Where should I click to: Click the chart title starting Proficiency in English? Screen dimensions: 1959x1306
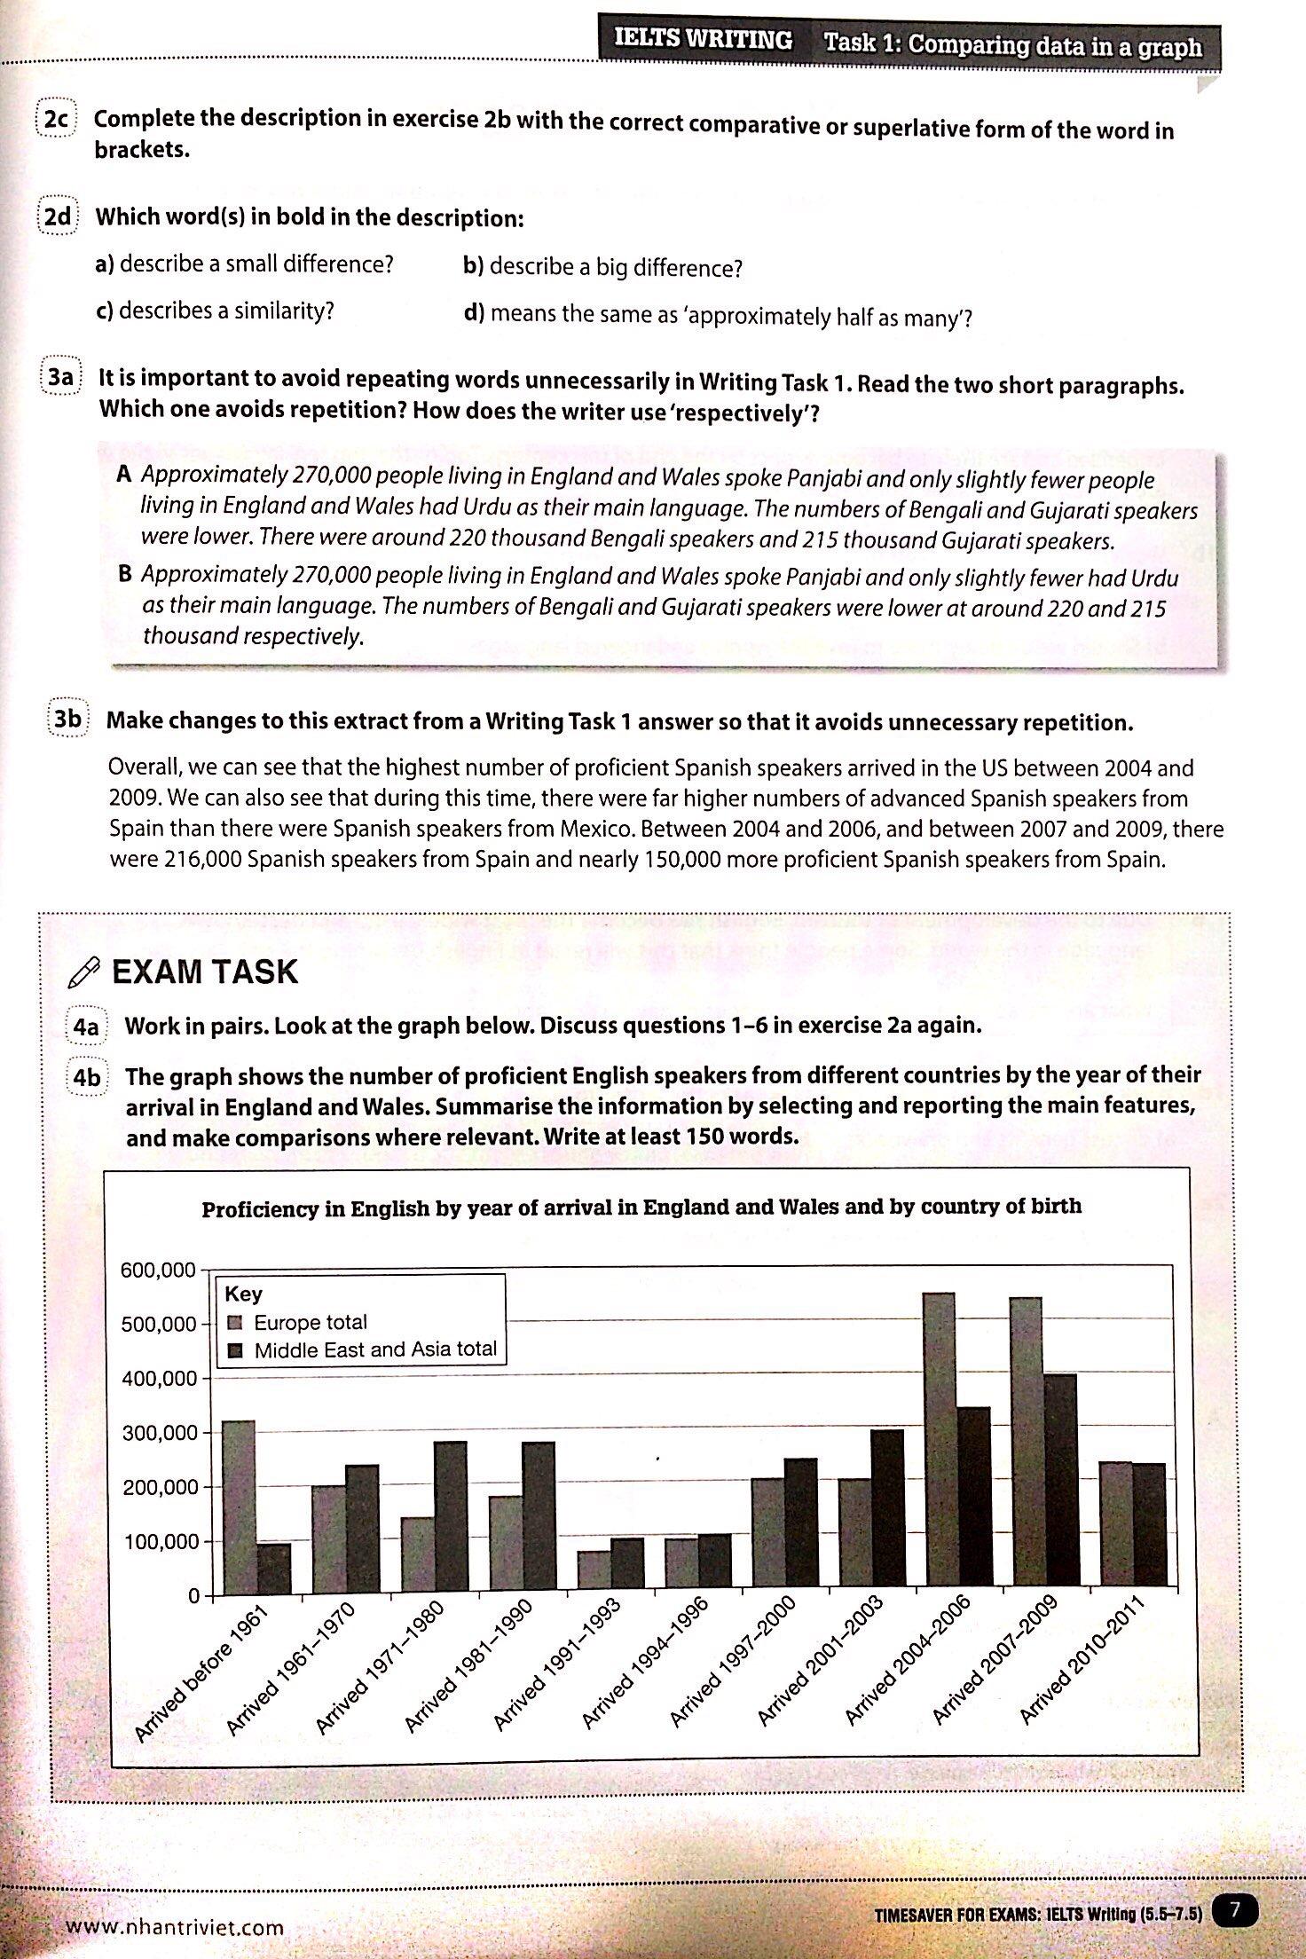tap(641, 1208)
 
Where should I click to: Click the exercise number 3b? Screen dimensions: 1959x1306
tap(68, 720)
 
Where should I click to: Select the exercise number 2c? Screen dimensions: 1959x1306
tap(56, 119)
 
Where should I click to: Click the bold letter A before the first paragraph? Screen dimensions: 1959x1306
tap(124, 474)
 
